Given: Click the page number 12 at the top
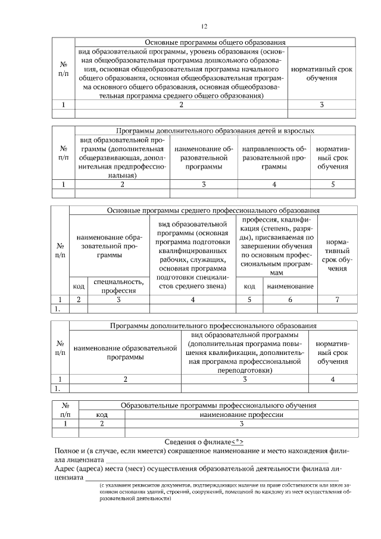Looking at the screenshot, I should [x=204, y=26].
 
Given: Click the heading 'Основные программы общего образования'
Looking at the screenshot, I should [x=216, y=42].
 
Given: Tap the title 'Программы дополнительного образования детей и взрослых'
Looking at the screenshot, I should [x=216, y=130].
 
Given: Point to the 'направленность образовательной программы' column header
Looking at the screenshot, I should [x=274, y=158].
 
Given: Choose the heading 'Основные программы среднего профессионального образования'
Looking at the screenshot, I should [x=213, y=210].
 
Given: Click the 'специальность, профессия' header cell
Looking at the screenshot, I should [x=118, y=286].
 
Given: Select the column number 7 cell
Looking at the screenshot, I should [x=338, y=300].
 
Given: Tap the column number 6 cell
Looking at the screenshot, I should [x=291, y=300].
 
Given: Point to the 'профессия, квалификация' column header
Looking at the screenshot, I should [x=277, y=246].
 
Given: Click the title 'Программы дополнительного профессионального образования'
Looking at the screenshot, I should [x=213, y=326].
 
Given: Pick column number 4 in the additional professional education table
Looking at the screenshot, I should [x=333, y=379].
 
